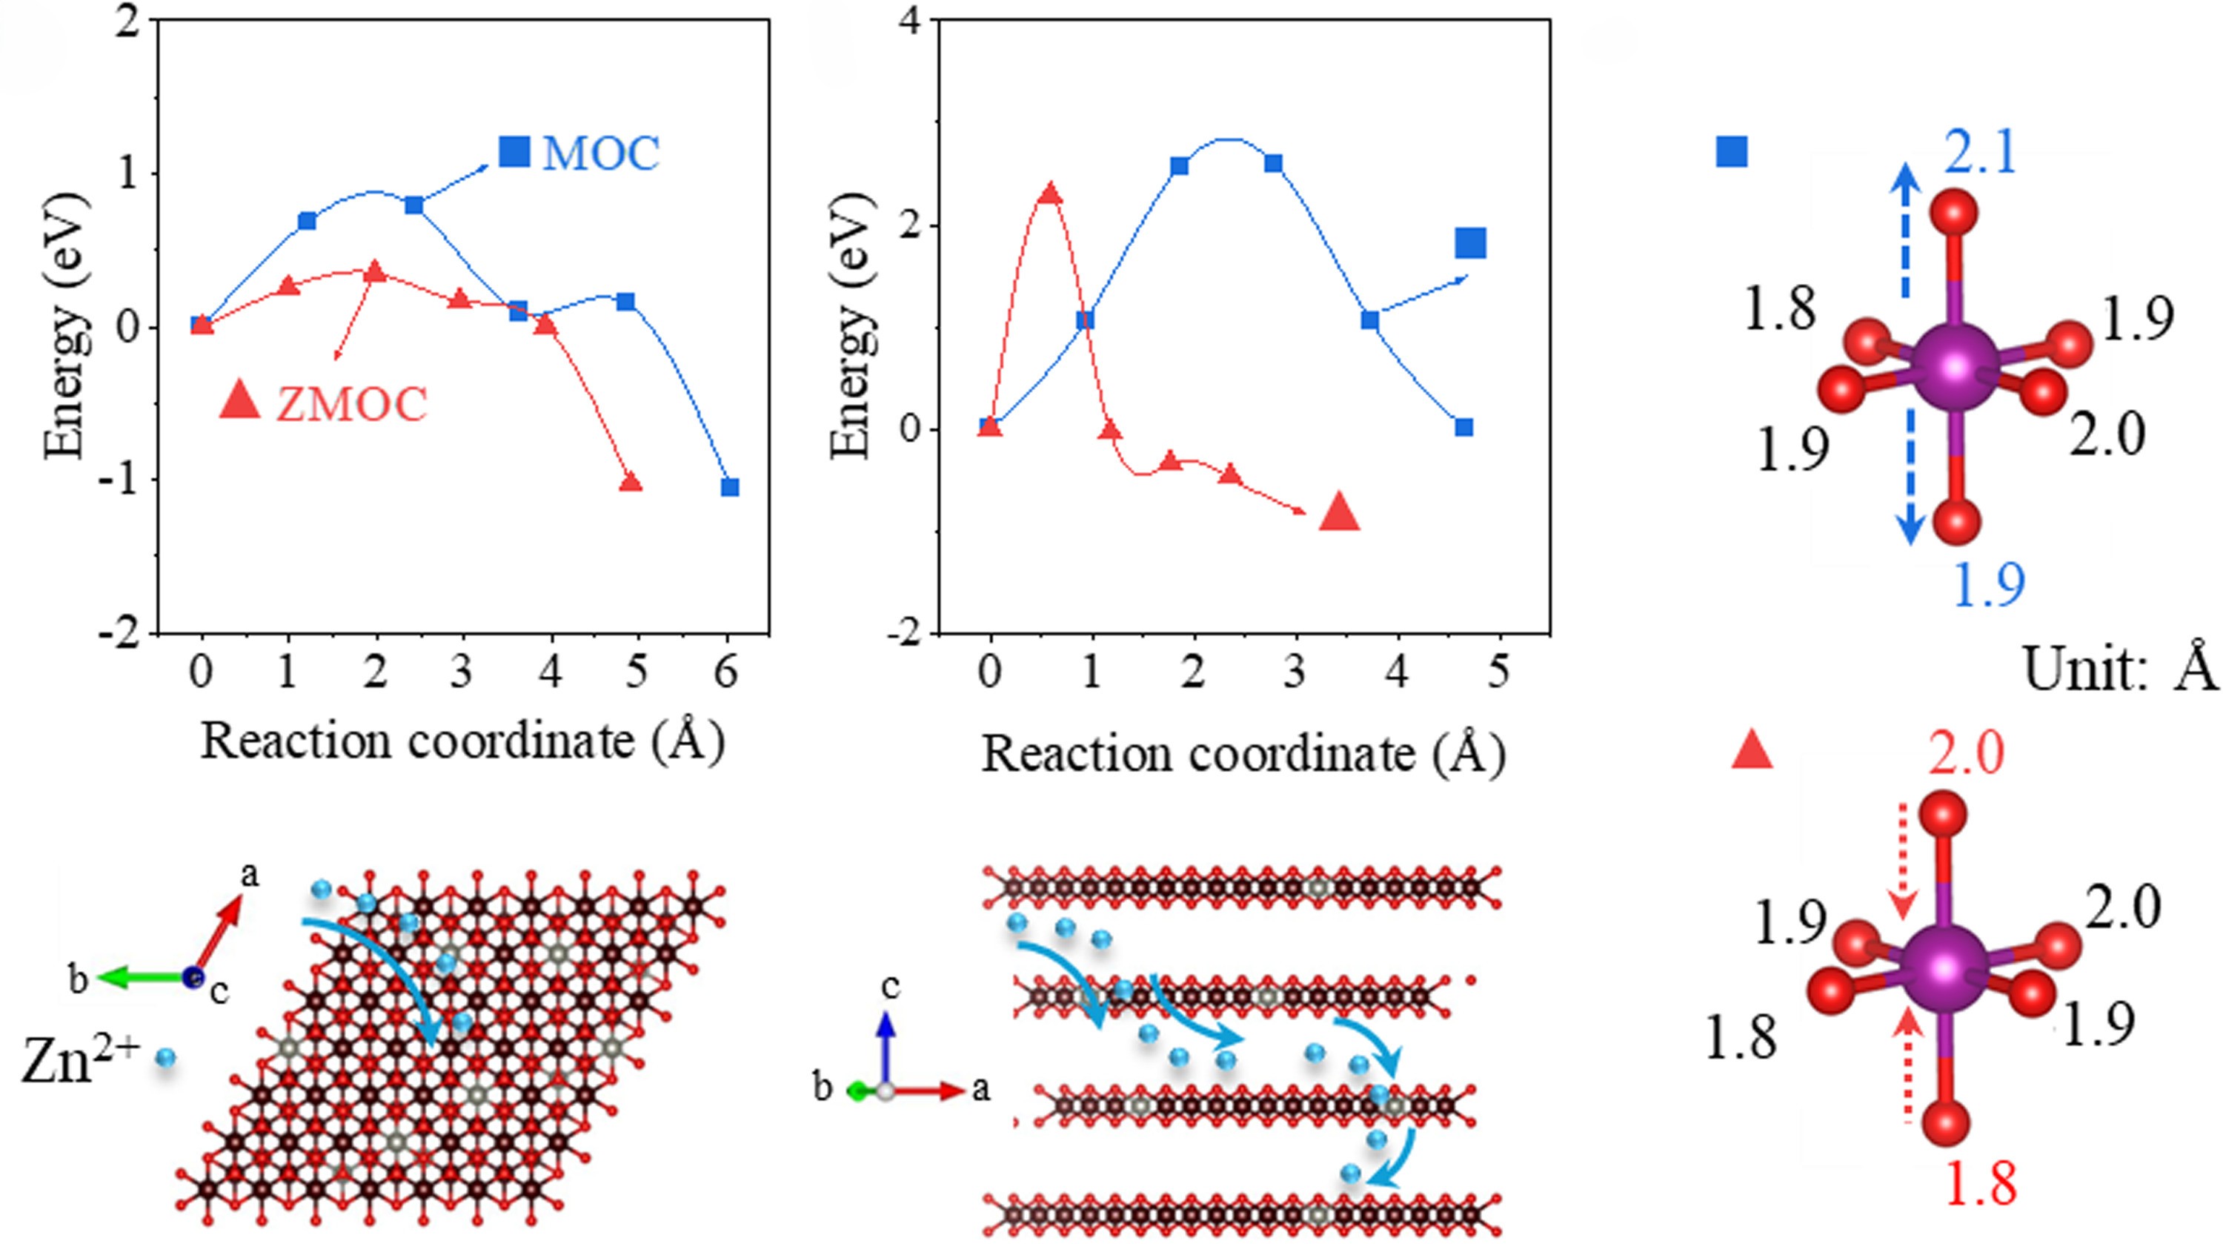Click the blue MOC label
click(x=601, y=153)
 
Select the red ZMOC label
click(x=351, y=403)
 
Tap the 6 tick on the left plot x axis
click(x=727, y=672)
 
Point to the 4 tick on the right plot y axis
click(x=906, y=21)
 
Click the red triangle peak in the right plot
click(x=1050, y=193)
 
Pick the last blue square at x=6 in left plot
click(x=730, y=488)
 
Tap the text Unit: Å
click(x=2119, y=669)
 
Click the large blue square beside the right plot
click(x=1470, y=243)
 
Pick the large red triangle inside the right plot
click(x=1339, y=513)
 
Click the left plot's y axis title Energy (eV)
click(x=67, y=326)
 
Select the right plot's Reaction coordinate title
click(x=1243, y=754)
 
